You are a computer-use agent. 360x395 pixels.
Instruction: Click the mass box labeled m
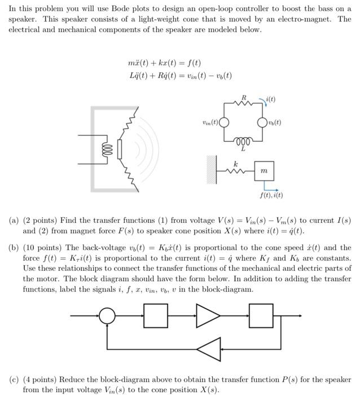pos(264,170)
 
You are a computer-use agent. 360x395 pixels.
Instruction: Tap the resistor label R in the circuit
pos(244,98)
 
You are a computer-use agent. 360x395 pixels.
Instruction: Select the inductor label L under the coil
pos(243,149)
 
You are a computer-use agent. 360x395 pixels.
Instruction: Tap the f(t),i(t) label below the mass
pos(272,196)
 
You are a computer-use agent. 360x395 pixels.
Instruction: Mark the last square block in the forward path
pos(260,315)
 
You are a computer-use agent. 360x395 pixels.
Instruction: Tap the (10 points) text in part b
pos(41,248)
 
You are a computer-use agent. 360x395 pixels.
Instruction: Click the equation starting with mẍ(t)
pos(165,63)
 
